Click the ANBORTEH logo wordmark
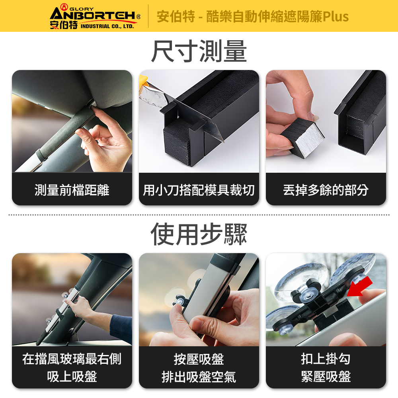(93, 15)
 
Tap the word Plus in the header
(336, 16)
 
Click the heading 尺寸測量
(199, 51)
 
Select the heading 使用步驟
(199, 234)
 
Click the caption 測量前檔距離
(72, 190)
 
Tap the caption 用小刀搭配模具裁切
(199, 190)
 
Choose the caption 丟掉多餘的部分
(326, 190)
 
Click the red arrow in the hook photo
(360, 287)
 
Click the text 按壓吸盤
(199, 359)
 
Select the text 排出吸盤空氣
(199, 377)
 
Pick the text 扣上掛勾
(326, 359)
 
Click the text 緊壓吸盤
(326, 377)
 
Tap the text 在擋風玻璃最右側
(72, 359)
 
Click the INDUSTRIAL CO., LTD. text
(107, 26)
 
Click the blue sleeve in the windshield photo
(121, 328)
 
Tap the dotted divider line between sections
(199, 215)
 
